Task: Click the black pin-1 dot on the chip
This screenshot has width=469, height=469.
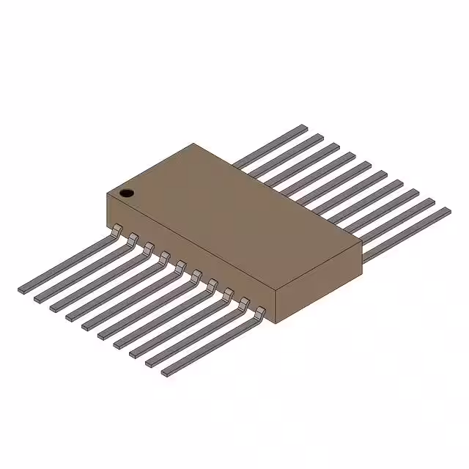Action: (x=127, y=193)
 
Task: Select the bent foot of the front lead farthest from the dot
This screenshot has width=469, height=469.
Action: (x=259, y=314)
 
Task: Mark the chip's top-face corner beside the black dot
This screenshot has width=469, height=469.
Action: (x=108, y=194)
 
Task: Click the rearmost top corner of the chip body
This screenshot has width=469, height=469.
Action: (x=193, y=144)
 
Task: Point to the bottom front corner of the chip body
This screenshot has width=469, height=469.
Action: (x=275, y=323)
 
